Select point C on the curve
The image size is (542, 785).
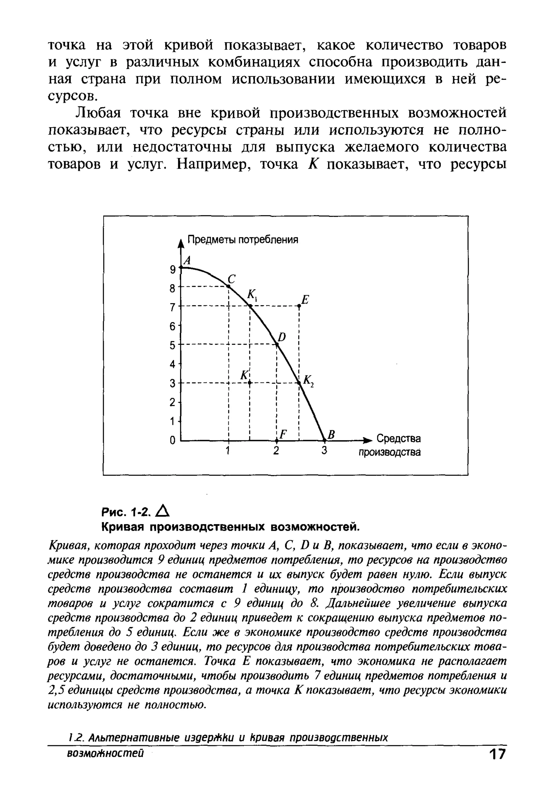[x=229, y=287]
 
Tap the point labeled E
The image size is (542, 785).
[x=299, y=306]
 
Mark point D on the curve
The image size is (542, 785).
[x=277, y=345]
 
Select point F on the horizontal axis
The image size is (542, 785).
[x=277, y=441]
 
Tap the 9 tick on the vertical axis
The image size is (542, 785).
[x=173, y=270]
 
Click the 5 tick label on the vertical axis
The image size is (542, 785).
[x=173, y=346]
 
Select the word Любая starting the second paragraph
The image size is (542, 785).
[x=98, y=113]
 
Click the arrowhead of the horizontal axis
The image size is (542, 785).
[x=368, y=441]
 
